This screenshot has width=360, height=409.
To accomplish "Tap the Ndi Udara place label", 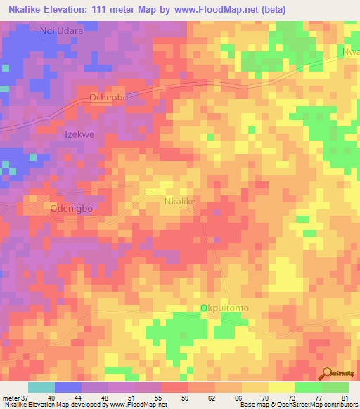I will tap(62, 31).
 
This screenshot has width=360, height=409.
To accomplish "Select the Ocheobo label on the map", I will tap(109, 98).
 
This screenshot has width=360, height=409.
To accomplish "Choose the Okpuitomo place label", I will tap(224, 309).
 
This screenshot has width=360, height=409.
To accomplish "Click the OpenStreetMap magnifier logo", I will tap(328, 374).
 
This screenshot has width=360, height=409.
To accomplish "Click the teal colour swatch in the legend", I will tap(41, 387).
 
